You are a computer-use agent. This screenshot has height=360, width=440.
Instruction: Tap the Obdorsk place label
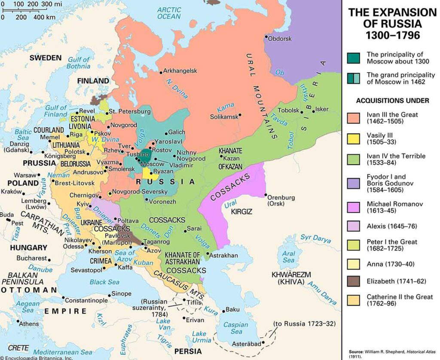point(281,39)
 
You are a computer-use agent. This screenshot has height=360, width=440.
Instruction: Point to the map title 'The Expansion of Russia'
point(392,23)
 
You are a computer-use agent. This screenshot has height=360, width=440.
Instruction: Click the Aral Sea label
point(288,257)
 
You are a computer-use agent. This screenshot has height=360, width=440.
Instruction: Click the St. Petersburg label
point(129,112)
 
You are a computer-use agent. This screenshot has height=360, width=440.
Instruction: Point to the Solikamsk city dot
point(240,115)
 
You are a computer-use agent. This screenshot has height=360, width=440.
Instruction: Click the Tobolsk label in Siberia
point(287,110)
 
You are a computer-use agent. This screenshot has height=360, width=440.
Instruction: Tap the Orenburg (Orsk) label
point(281,201)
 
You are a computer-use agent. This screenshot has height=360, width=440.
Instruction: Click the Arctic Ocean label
point(169,13)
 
